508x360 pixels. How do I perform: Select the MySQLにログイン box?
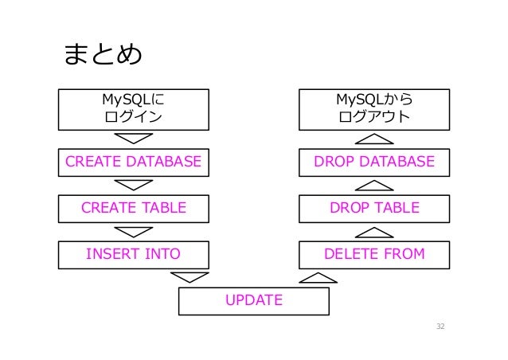(134, 109)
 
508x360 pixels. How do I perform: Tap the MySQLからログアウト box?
(373, 109)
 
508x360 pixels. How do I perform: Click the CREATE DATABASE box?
(134, 162)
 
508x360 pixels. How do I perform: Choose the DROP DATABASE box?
(373, 162)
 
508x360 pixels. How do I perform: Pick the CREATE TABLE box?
(134, 209)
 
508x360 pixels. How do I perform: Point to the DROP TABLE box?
(373, 209)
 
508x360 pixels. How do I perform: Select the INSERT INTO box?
(134, 255)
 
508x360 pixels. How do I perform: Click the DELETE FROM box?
(373, 255)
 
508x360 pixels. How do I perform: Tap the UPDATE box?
(253, 301)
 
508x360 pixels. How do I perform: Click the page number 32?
(435, 327)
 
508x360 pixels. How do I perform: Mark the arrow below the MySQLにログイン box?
(134, 139)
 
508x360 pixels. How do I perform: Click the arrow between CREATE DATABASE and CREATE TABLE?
(134, 186)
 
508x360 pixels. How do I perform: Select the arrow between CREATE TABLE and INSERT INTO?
(134, 232)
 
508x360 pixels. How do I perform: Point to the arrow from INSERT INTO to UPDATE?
(190, 277)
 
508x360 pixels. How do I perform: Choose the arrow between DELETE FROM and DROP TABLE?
(373, 232)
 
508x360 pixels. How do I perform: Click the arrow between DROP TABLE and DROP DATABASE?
(373, 186)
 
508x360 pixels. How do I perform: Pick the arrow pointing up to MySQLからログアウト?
(373, 139)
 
